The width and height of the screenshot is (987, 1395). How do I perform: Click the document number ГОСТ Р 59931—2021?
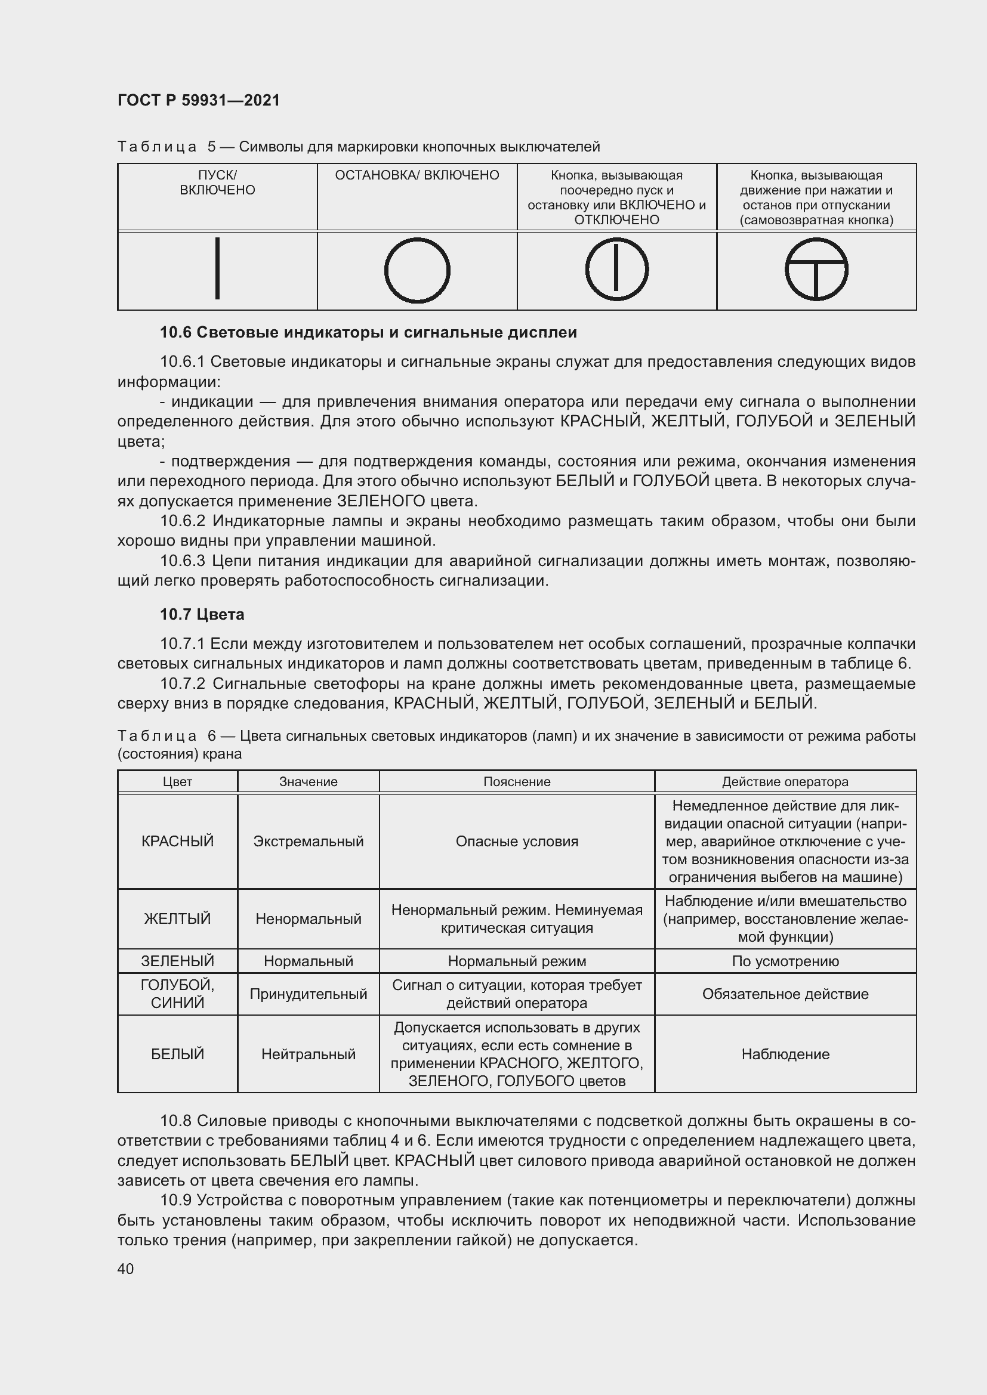(199, 100)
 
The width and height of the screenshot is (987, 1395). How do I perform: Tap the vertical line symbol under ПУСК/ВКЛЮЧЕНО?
(217, 268)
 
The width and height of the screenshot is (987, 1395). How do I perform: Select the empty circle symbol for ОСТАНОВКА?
(417, 270)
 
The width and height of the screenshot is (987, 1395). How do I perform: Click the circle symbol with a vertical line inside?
(616, 269)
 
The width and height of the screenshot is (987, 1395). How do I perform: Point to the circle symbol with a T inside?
(816, 269)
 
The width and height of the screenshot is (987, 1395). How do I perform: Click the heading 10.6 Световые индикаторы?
(368, 332)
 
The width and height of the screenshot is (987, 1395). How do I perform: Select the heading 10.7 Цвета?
(202, 614)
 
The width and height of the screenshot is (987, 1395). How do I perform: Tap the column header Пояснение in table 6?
(517, 781)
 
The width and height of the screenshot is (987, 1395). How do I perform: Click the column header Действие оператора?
(785, 781)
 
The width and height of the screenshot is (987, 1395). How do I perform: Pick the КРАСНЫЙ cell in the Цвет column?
(177, 841)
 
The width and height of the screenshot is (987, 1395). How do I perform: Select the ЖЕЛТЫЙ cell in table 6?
(177, 918)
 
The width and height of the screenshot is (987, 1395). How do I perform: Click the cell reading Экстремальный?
(308, 841)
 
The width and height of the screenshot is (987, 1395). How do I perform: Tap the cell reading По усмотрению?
(785, 961)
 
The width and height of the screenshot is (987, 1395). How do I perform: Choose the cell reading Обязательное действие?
(785, 994)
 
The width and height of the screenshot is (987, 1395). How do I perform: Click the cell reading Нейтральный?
(308, 1053)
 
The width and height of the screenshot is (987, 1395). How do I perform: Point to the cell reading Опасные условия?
(517, 841)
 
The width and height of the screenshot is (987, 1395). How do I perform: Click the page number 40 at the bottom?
(126, 1269)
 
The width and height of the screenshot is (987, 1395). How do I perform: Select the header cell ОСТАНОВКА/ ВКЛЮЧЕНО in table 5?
(417, 175)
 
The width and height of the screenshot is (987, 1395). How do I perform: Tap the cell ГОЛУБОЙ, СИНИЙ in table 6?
(177, 994)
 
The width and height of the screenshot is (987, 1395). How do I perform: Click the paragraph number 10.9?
(175, 1200)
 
